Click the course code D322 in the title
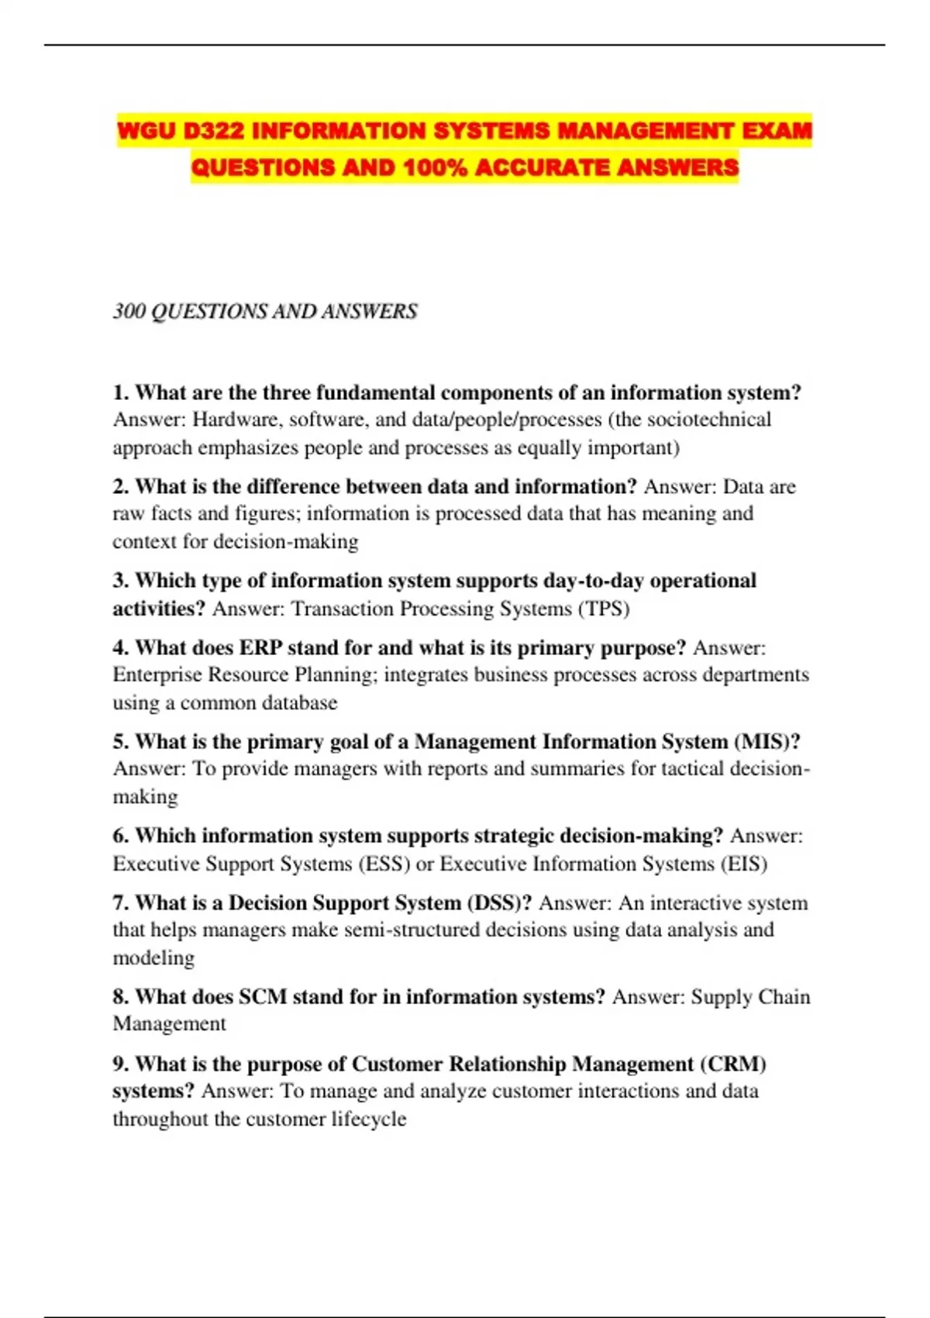pos(213,131)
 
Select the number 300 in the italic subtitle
pos(129,312)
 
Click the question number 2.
pos(120,487)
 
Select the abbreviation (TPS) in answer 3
pos(604,609)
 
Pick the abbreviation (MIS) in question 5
pos(766,742)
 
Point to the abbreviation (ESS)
pos(384,864)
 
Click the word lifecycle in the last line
pos(369,1120)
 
